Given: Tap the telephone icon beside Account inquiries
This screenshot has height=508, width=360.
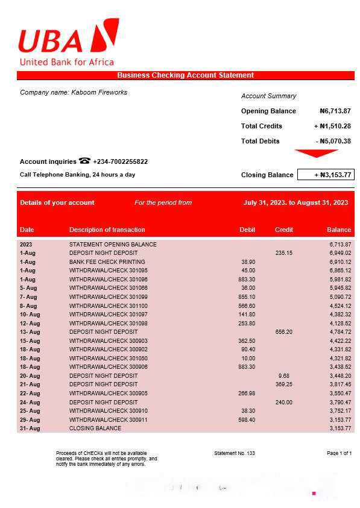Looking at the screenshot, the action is point(84,161).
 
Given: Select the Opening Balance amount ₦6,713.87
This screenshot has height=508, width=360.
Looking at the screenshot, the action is point(335,111).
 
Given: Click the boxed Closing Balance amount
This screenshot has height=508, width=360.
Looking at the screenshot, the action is point(326,175).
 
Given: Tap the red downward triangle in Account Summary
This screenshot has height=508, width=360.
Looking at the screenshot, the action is point(316,153).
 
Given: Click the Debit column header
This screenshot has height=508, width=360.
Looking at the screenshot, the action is point(247,230).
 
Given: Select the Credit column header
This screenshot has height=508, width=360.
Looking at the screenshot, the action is point(284,230).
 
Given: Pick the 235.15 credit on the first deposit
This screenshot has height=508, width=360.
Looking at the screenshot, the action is point(283,253).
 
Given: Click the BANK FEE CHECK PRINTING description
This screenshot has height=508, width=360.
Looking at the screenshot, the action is point(107,262).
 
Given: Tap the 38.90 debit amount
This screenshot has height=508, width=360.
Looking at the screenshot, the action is point(247,262).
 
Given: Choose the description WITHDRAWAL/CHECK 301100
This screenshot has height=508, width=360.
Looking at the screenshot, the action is point(108,306).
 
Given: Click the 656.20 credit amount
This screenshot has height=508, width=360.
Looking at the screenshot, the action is point(283,332).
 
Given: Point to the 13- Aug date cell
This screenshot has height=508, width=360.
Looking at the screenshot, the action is point(30,332).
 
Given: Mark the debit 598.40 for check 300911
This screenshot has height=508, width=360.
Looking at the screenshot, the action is point(247,419).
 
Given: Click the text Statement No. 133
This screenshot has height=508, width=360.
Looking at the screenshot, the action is point(235,453).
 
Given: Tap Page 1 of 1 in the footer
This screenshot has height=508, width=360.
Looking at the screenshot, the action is point(339,453).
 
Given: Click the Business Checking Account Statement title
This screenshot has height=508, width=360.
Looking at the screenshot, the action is point(185,75).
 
